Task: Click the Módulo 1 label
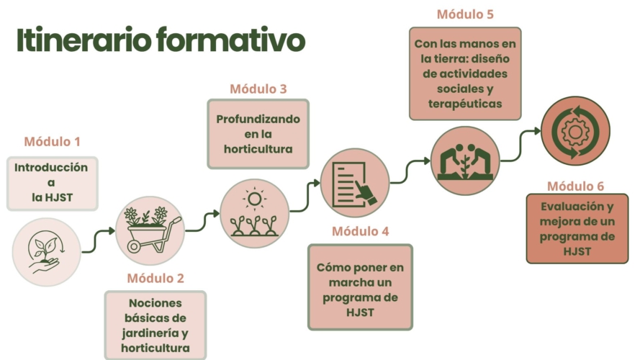(52, 142)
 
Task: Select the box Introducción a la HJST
(52, 183)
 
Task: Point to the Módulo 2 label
(156, 278)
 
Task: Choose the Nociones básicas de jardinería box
(156, 324)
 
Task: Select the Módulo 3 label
(258, 89)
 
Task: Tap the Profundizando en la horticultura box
(258, 134)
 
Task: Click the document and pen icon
(355, 184)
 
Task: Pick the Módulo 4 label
(361, 232)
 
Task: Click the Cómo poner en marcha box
(361, 287)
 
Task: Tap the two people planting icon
(465, 161)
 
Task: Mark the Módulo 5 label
(465, 14)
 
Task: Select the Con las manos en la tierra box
(465, 73)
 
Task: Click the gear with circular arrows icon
(574, 131)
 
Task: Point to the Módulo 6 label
(576, 186)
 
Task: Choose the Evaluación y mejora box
(576, 228)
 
